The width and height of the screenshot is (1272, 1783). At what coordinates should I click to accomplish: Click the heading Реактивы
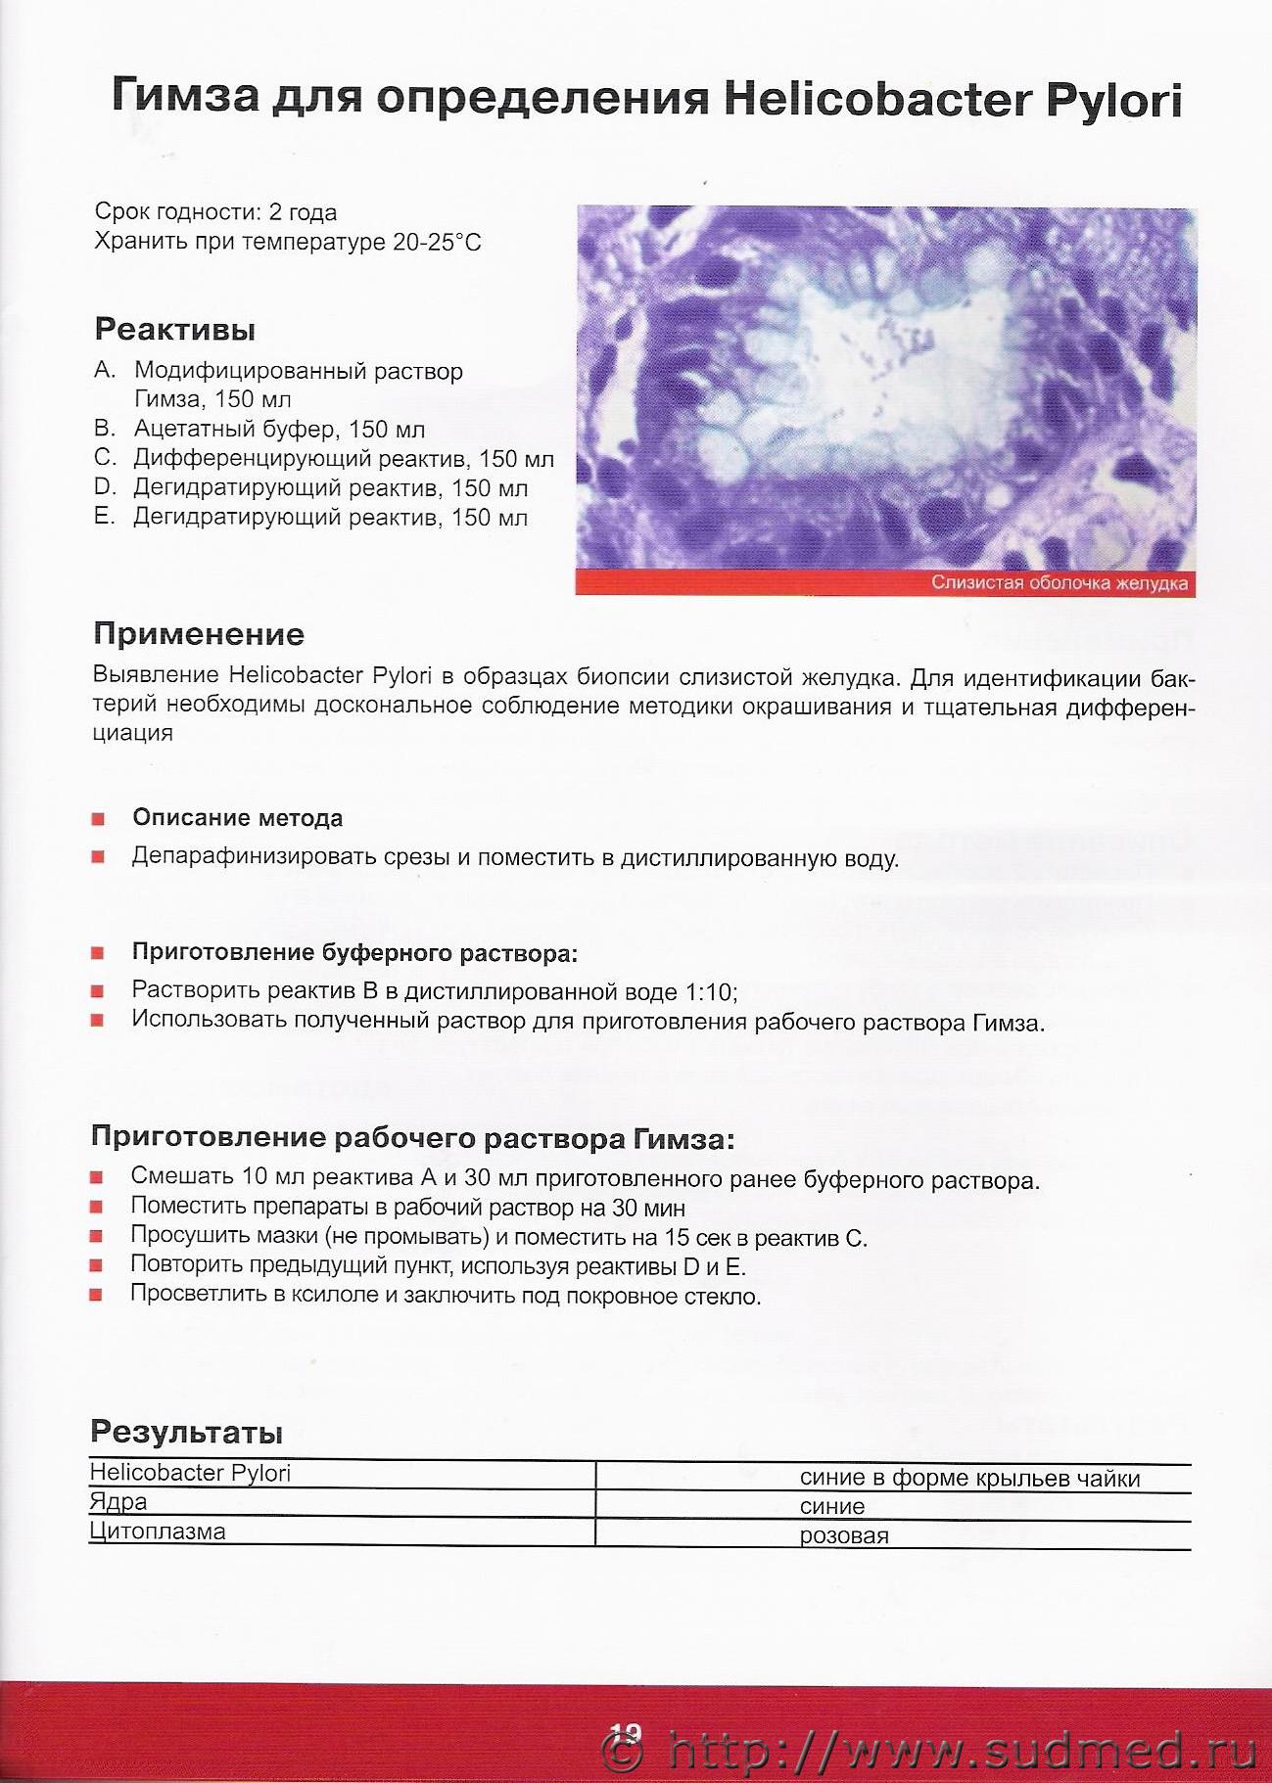click(175, 330)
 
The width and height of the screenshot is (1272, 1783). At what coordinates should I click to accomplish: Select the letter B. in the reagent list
click(105, 428)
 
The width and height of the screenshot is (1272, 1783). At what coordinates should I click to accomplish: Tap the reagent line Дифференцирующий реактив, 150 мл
click(344, 458)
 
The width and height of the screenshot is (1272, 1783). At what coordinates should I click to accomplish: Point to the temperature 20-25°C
click(438, 242)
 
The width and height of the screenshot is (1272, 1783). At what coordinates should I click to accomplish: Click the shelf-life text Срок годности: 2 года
click(215, 211)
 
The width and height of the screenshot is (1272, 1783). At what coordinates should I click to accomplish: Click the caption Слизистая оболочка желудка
click(1060, 583)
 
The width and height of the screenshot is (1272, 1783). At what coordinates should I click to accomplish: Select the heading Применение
click(199, 634)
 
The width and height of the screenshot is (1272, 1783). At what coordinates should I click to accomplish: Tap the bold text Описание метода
click(238, 818)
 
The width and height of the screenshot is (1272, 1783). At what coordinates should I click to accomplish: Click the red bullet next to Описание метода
click(97, 819)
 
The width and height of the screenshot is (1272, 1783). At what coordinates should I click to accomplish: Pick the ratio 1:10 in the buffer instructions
click(709, 992)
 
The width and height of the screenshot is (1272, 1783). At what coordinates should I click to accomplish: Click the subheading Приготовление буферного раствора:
click(355, 952)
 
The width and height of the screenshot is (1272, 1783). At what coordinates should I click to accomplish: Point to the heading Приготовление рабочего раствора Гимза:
click(412, 1138)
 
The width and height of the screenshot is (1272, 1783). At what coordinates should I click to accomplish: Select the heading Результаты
click(186, 1432)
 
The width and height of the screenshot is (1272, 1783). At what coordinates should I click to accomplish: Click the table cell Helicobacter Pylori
click(190, 1473)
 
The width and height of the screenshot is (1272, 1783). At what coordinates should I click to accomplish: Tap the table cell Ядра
click(118, 1501)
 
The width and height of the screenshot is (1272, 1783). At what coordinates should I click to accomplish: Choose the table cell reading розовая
click(844, 1535)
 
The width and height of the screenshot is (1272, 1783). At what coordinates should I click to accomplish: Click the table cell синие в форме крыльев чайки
click(969, 1478)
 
